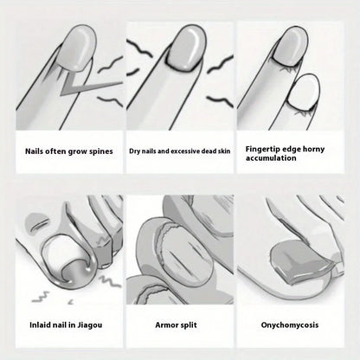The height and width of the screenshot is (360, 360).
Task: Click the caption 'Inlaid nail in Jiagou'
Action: pos(63,325)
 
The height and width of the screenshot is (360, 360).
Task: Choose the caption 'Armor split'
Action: pos(179,325)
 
